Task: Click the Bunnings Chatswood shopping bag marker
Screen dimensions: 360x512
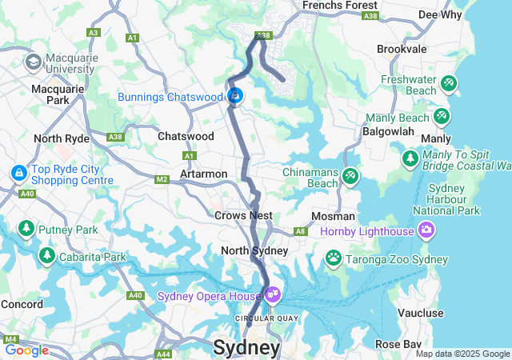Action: pyautogui.click(x=235, y=97)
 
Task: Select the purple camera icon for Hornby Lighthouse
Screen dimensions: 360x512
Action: pyautogui.click(x=426, y=230)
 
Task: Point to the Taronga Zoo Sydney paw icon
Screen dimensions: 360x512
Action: pyautogui.click(x=333, y=258)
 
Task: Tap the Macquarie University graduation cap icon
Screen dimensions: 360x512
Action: pyautogui.click(x=34, y=62)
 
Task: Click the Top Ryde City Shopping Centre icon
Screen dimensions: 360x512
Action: pyautogui.click(x=18, y=172)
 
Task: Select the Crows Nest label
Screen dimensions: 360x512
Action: pyautogui.click(x=243, y=215)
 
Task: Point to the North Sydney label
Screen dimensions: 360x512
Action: pyautogui.click(x=254, y=250)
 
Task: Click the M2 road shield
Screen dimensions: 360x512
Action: pyautogui.click(x=162, y=179)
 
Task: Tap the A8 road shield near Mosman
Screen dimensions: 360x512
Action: pyautogui.click(x=300, y=231)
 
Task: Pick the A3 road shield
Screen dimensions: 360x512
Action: pyautogui.click(x=94, y=33)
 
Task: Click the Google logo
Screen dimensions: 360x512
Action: pyautogui.click(x=26, y=350)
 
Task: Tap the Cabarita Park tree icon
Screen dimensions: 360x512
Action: pyautogui.click(x=47, y=256)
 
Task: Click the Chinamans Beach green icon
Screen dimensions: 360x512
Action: pyautogui.click(x=350, y=175)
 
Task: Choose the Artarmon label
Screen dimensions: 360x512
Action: pyautogui.click(x=203, y=174)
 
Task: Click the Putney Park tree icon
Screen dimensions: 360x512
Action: pyautogui.click(x=26, y=230)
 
